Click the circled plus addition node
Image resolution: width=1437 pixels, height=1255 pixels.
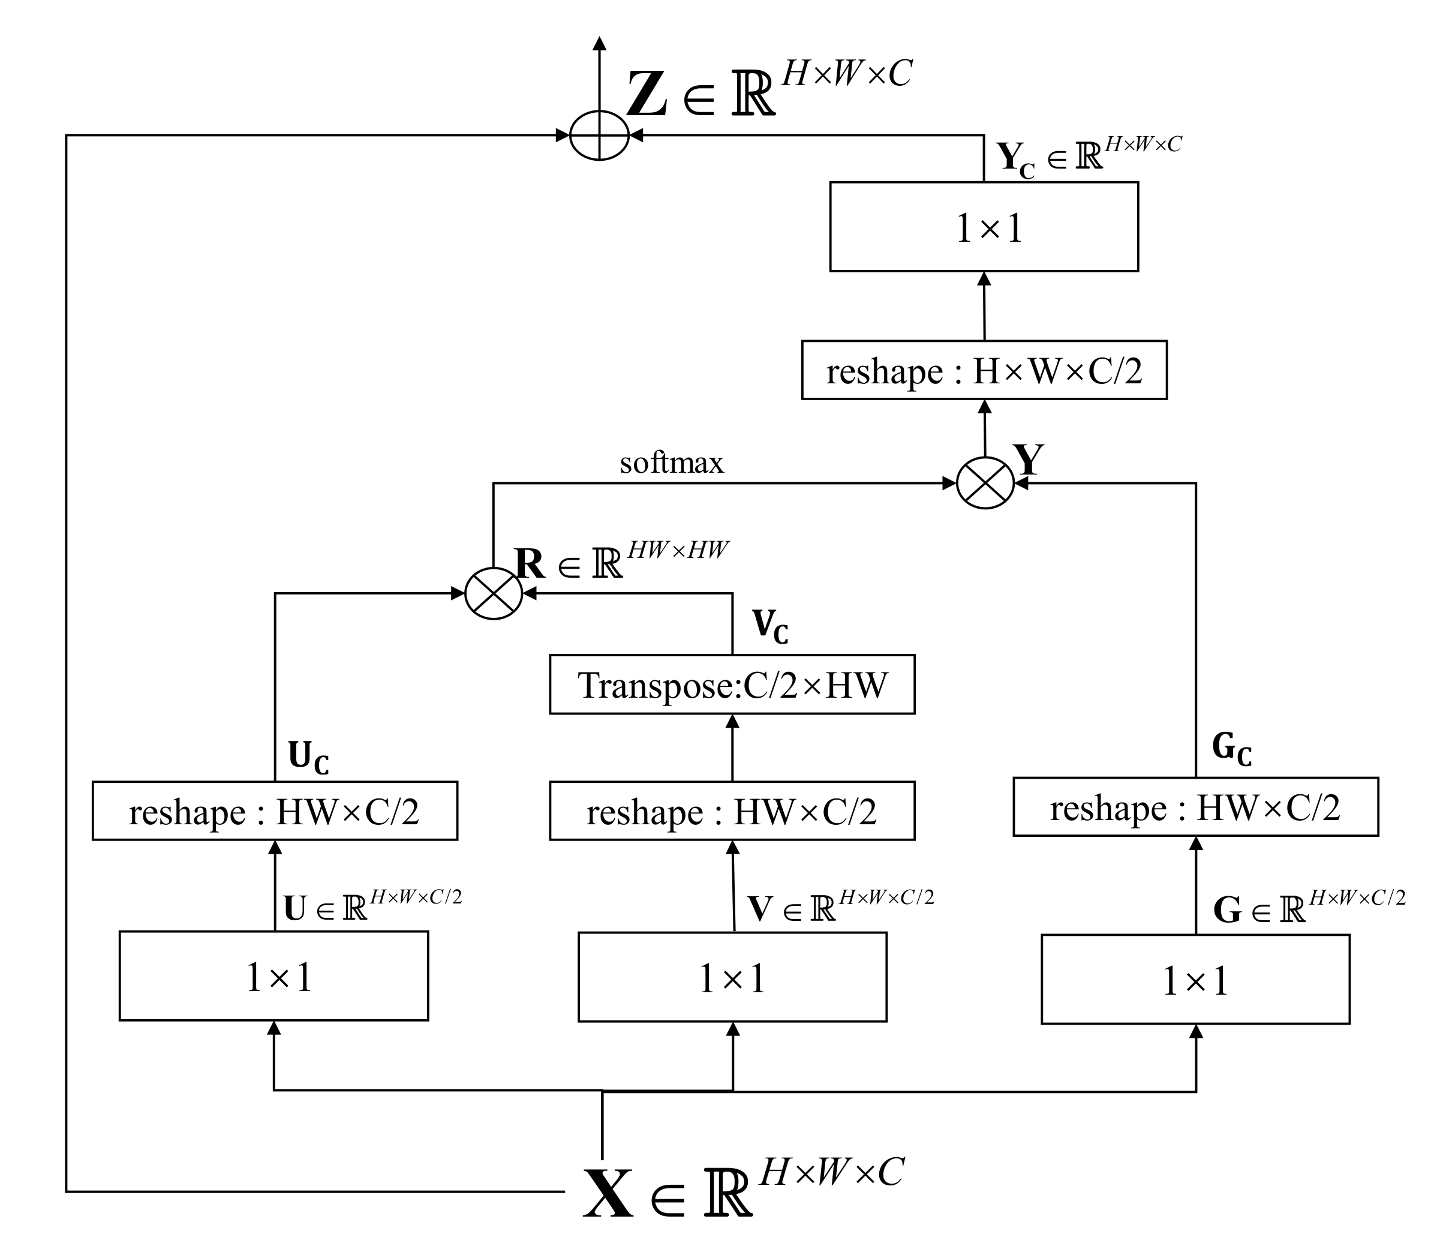coord(599,135)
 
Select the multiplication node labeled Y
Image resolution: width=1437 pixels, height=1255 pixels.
coord(985,482)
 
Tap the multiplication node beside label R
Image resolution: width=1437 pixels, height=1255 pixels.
coord(494,593)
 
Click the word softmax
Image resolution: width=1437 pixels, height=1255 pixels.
coord(671,463)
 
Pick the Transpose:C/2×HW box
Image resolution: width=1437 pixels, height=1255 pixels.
coord(732,684)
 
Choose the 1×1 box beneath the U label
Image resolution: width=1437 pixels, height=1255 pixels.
coord(274,975)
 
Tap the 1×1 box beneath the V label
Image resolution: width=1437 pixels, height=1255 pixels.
coord(732,977)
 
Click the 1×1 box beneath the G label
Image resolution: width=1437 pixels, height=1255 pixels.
coord(1195,979)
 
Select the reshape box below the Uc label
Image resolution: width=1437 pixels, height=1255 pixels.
coord(275,811)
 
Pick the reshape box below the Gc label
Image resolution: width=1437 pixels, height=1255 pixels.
coord(1195,807)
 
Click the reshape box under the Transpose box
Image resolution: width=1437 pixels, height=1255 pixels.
coord(732,811)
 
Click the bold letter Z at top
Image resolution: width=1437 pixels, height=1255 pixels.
coord(646,95)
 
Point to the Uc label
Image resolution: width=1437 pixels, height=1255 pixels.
coord(308,758)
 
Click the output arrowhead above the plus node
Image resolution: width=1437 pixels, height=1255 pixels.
coord(599,43)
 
